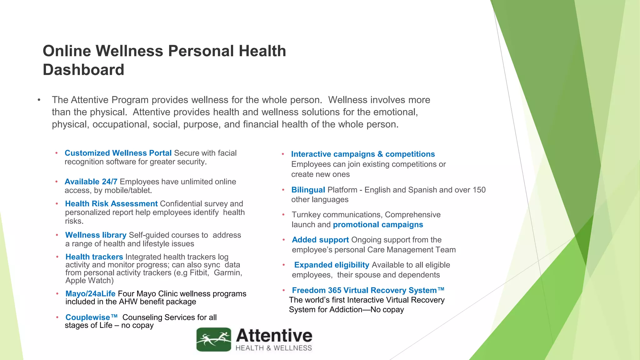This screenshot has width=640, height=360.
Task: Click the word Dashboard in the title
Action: pyautogui.click(x=83, y=70)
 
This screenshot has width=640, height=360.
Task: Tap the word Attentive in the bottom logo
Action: pyautogui.click(x=274, y=336)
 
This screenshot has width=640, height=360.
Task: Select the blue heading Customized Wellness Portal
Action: pyautogui.click(x=118, y=153)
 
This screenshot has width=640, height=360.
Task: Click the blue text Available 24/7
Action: pyautogui.click(x=91, y=182)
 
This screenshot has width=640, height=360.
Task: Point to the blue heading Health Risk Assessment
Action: pyautogui.click(x=111, y=204)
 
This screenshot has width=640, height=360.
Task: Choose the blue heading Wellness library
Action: pyautogui.click(x=96, y=235)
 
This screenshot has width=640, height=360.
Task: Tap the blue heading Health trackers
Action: pyautogui.click(x=94, y=257)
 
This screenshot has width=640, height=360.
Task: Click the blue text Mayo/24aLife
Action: pyautogui.click(x=90, y=294)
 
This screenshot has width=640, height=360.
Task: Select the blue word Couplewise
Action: pyautogui.click(x=88, y=317)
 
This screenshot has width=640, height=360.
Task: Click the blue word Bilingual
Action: pyautogui.click(x=308, y=190)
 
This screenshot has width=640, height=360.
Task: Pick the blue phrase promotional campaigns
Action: pyautogui.click(x=378, y=225)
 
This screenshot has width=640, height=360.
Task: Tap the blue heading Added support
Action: pyautogui.click(x=320, y=240)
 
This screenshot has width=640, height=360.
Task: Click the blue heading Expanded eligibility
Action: pyautogui.click(x=332, y=265)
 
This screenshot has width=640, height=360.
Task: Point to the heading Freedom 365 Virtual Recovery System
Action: pyautogui.click(x=368, y=290)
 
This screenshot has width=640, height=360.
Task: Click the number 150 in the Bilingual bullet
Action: pyautogui.click(x=479, y=190)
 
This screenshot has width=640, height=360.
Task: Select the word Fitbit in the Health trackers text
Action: pyautogui.click(x=199, y=273)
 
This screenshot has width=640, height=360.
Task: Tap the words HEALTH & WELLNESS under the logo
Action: pyautogui.click(x=274, y=348)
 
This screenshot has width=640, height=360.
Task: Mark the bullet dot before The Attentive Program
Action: pyautogui.click(x=39, y=100)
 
